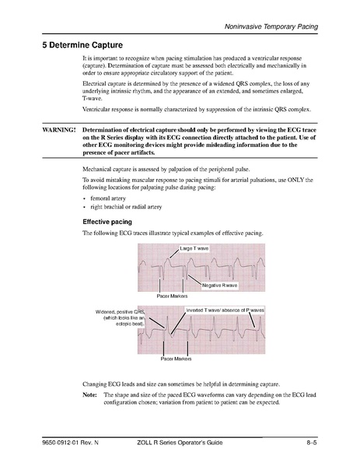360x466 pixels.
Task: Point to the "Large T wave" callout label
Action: point(194,249)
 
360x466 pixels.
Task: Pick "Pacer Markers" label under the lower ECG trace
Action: point(176,359)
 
